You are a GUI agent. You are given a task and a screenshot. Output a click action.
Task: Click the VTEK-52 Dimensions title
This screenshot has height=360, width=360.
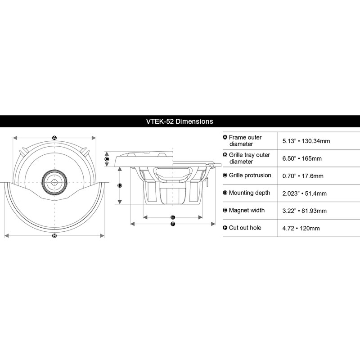point(180,121)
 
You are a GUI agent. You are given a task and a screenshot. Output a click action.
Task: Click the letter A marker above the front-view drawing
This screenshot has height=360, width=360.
point(54,138)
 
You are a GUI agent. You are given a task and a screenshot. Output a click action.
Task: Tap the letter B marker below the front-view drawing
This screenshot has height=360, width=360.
point(54,235)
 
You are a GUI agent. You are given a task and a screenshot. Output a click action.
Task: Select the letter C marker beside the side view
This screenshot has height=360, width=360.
point(107,159)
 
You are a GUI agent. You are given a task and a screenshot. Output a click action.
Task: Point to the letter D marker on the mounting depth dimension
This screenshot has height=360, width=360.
point(120,185)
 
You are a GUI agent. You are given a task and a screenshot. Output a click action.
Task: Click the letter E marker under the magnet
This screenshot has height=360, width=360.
point(173,217)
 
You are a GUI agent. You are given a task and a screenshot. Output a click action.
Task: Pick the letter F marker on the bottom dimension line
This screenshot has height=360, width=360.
point(173,224)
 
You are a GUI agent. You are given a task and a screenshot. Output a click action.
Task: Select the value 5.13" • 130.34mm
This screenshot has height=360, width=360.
point(306,141)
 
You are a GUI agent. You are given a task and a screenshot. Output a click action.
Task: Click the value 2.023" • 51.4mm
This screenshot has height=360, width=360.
point(304,193)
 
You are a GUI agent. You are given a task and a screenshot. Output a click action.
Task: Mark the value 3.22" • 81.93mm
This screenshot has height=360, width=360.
point(305,211)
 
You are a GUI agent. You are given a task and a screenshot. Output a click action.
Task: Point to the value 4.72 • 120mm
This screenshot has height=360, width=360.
point(301,228)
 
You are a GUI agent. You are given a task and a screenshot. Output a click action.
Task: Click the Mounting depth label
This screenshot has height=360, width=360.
point(250,193)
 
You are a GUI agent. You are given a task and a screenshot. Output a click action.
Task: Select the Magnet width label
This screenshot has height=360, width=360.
point(247,210)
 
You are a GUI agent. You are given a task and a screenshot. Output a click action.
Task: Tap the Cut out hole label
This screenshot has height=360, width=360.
point(245,228)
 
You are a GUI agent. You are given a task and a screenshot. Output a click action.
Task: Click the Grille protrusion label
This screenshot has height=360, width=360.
point(250,175)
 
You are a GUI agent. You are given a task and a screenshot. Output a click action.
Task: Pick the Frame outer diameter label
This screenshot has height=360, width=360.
point(245,140)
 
